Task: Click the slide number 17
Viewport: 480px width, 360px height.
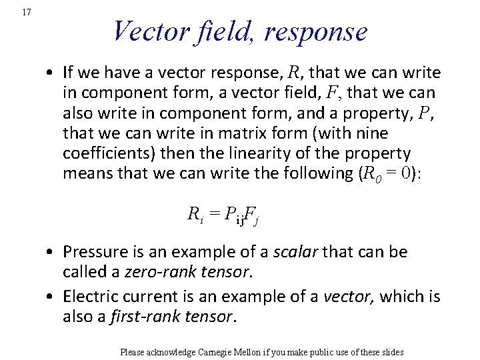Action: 26,13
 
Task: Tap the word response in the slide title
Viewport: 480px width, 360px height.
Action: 319,31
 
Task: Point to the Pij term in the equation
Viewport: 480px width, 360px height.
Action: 233,215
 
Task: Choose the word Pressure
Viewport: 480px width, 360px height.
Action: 95,252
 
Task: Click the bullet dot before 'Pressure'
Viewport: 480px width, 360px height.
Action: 50,253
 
